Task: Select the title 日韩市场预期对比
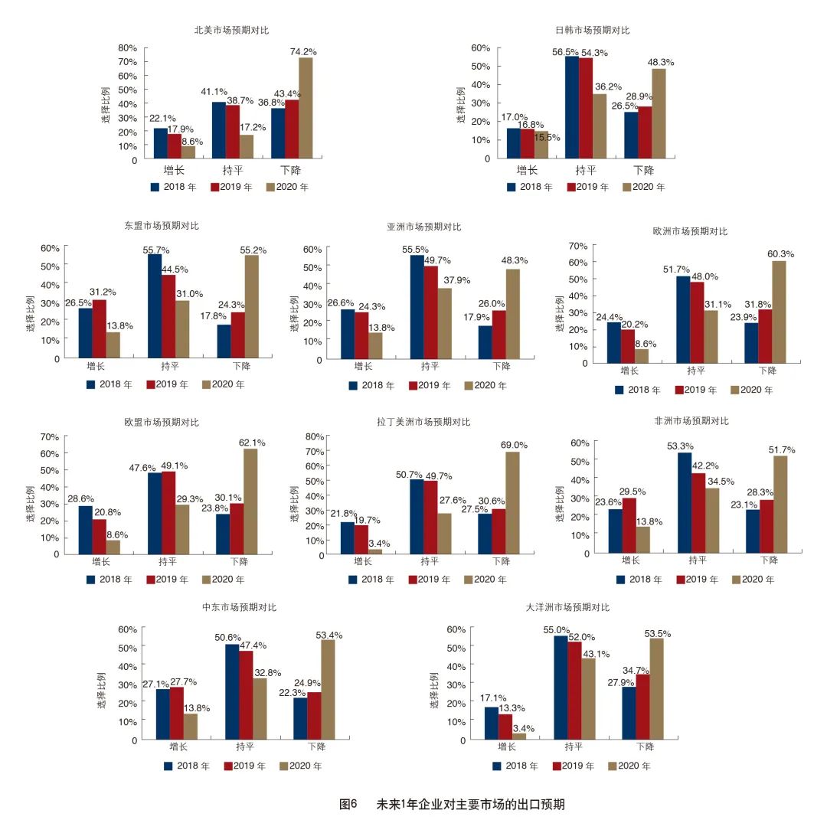click(x=592, y=31)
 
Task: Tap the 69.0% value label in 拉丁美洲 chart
click(x=515, y=445)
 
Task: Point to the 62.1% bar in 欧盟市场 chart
click(x=250, y=501)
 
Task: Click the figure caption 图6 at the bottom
click(x=348, y=804)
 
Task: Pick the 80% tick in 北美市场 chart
click(x=127, y=47)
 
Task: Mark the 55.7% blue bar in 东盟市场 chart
click(x=155, y=306)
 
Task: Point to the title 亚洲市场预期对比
click(x=424, y=227)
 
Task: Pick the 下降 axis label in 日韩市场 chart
click(x=644, y=170)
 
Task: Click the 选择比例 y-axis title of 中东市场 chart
click(x=103, y=691)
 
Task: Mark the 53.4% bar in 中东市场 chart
click(x=328, y=690)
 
